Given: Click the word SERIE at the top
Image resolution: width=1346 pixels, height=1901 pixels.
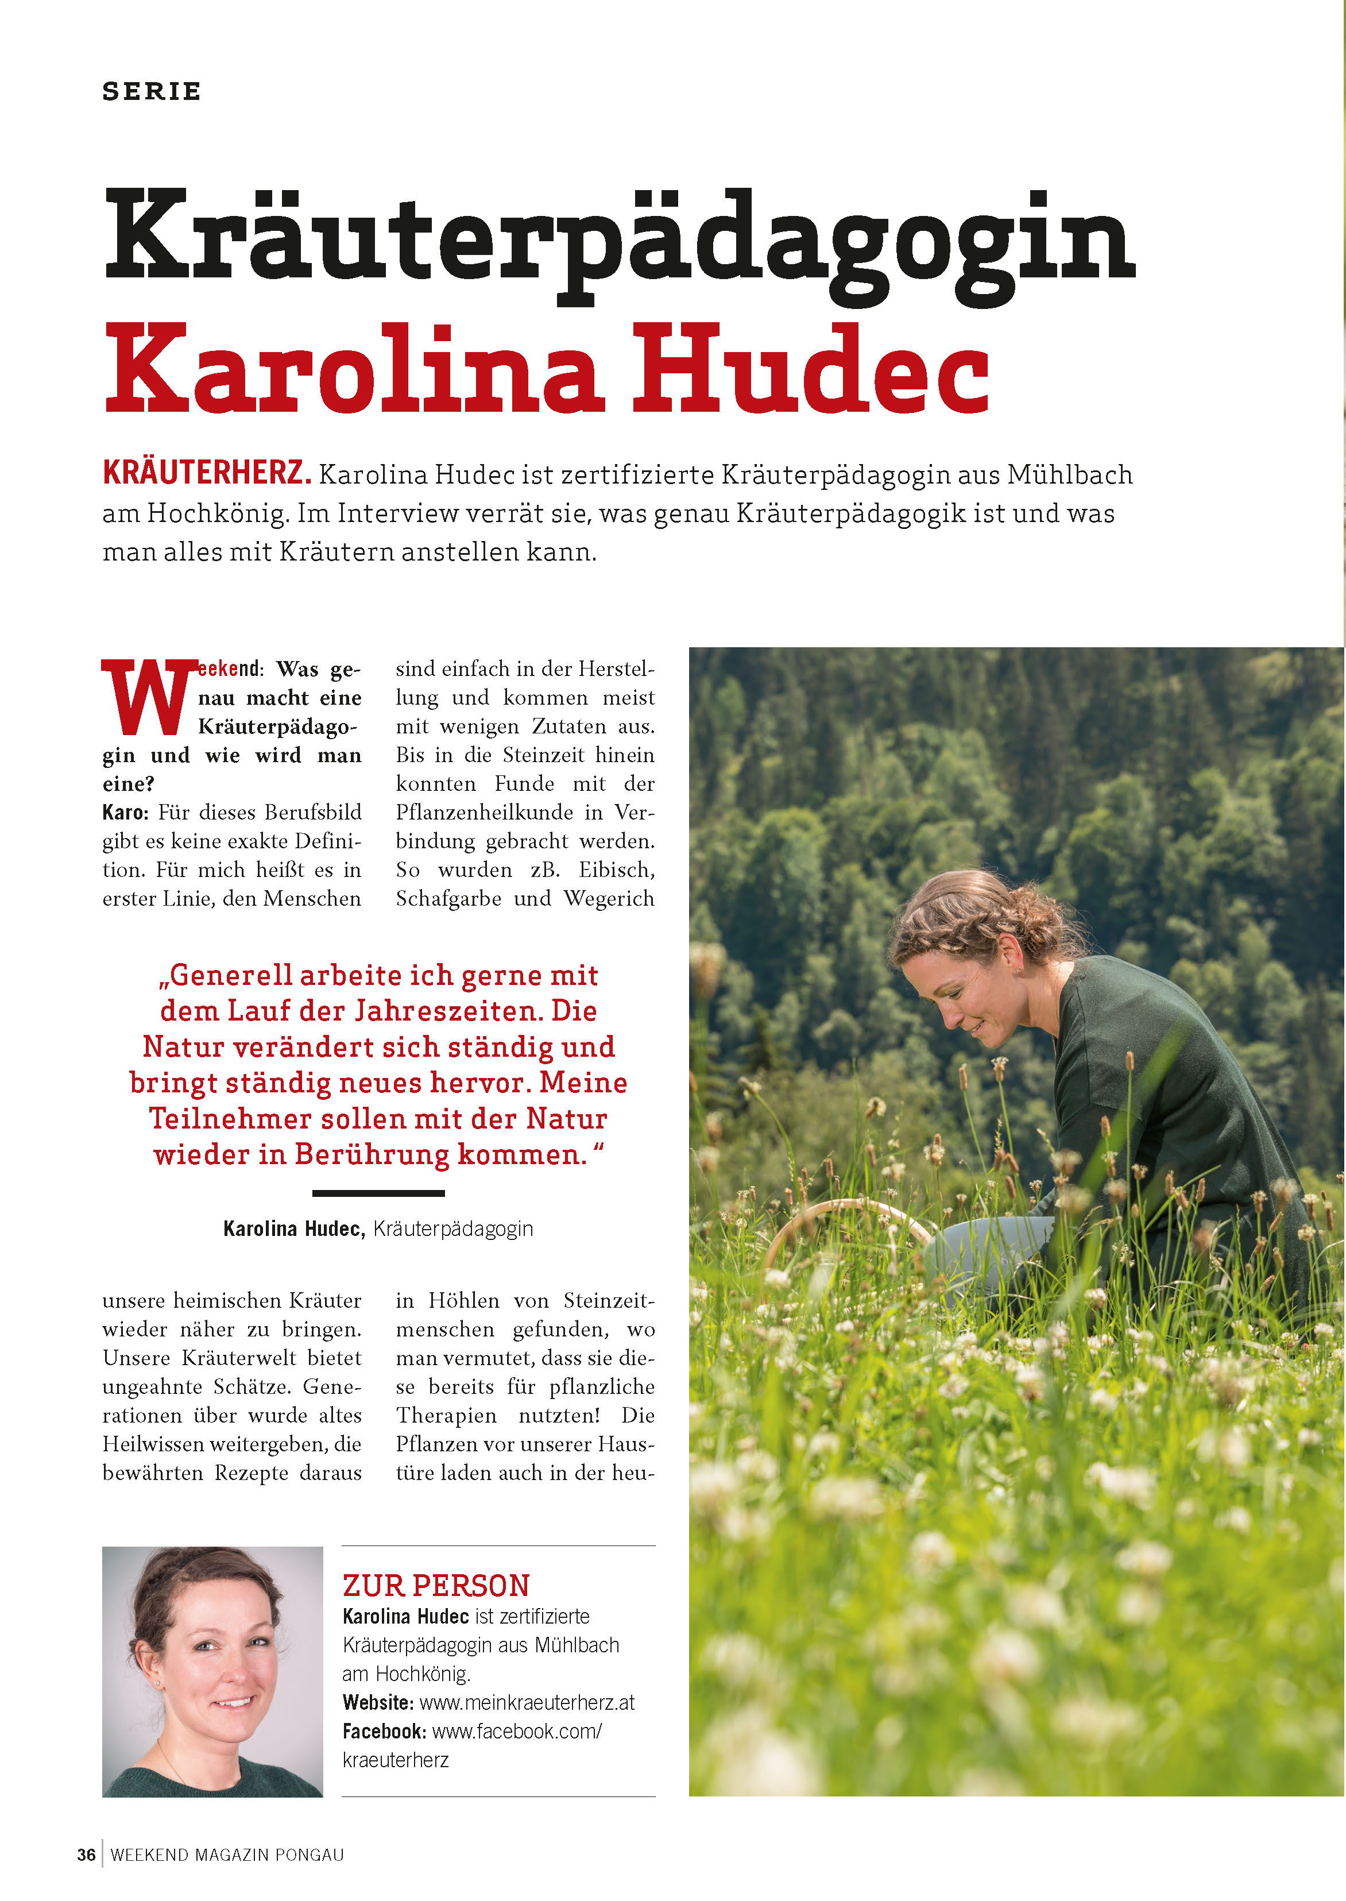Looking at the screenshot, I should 152,91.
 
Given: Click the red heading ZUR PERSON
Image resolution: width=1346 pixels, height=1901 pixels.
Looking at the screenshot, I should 436,1585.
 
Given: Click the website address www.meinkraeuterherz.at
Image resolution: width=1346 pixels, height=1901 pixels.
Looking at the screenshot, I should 527,1703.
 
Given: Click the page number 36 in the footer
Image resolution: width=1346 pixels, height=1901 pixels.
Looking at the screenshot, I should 86,1854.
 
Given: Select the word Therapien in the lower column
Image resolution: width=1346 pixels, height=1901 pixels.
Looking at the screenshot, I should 446,1415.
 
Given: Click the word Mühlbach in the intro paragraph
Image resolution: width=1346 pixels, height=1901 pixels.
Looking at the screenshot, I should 1069,475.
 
